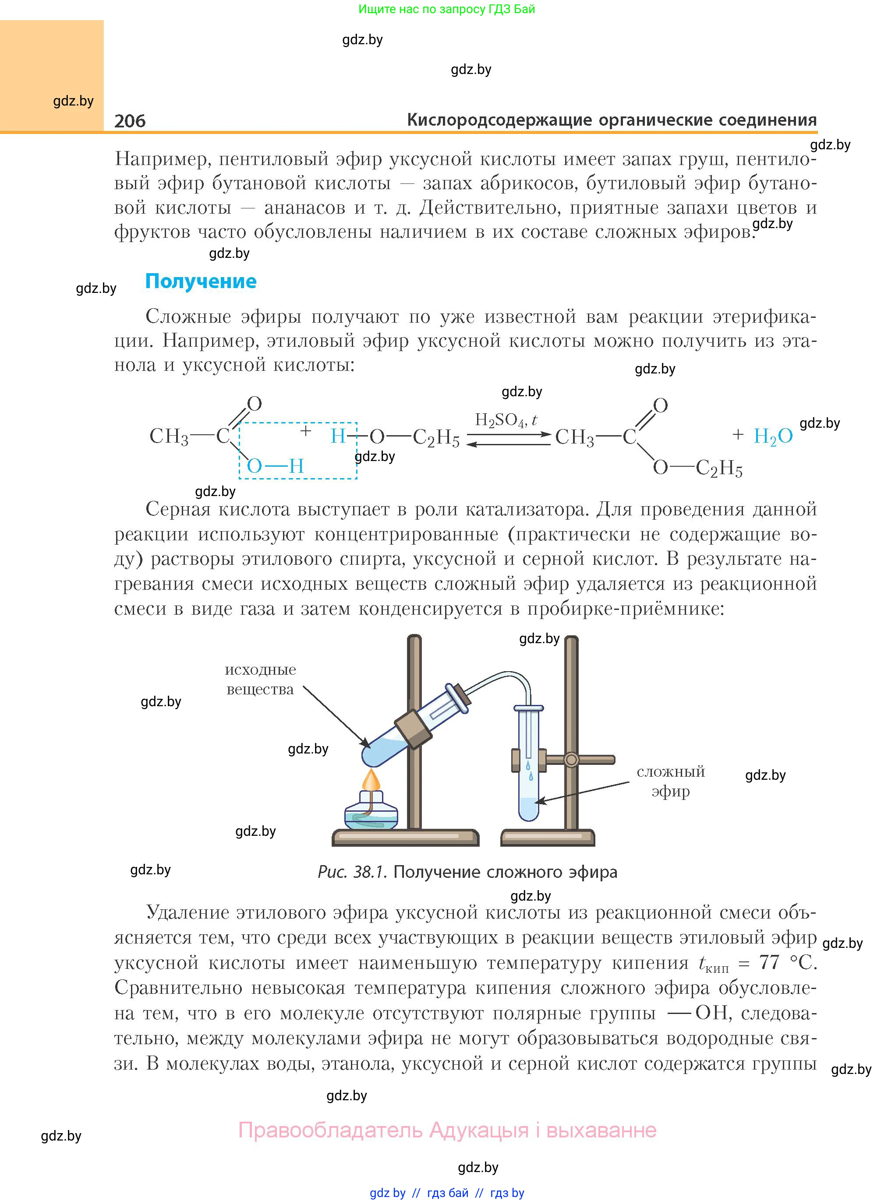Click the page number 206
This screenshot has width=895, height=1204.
click(130, 121)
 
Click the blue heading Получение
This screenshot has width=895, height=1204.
click(201, 281)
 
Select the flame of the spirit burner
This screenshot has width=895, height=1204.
click(371, 780)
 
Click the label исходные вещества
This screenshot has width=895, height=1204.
click(260, 679)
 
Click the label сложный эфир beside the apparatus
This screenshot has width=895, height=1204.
click(671, 781)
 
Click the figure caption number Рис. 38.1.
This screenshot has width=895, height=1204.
click(352, 872)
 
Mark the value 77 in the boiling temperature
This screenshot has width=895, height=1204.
click(769, 963)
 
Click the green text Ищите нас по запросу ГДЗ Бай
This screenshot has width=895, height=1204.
click(446, 9)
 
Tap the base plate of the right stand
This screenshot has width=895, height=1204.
click(548, 838)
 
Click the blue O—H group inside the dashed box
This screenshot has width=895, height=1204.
click(275, 465)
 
